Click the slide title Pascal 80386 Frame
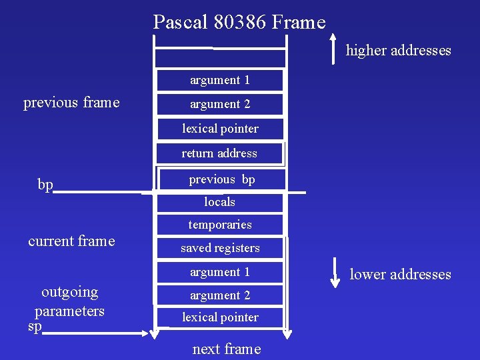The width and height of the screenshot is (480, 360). pos(239,23)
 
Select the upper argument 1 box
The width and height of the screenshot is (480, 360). pos(219,80)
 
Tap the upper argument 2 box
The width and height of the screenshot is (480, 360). pos(219,104)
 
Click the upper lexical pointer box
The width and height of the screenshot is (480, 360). pos(219,129)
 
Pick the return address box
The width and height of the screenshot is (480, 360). pos(219,153)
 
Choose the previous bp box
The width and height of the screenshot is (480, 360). pos(221,179)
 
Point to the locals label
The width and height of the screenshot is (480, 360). pos(219,201)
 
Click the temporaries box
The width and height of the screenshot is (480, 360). pos(219,225)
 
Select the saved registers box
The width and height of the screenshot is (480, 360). pos(219,248)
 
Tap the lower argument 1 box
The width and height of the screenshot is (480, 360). pos(219,272)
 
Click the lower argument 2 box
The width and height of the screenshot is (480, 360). pos(219,295)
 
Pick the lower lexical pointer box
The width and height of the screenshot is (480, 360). pos(219,317)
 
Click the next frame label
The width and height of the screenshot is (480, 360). pos(227,349)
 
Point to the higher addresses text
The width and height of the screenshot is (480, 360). pos(398,51)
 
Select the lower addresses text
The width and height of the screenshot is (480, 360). pos(400,274)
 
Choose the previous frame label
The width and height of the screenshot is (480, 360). pos(71,103)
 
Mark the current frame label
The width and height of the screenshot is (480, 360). pos(71,241)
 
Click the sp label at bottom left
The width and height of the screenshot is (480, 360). pos(35,327)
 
